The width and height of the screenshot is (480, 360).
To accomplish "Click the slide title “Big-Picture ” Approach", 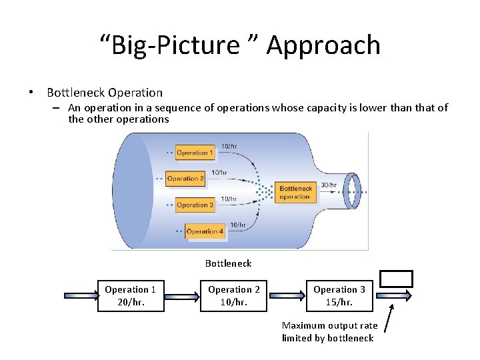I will click(240, 45).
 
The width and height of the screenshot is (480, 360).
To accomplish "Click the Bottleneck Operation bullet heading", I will click(105, 93).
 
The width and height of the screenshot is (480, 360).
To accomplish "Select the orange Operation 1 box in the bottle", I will click(195, 153).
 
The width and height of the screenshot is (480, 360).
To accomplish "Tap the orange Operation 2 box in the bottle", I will click(185, 179).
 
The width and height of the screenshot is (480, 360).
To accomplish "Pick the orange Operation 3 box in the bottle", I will click(195, 205).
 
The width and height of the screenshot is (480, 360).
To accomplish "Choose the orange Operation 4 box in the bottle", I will click(205, 231).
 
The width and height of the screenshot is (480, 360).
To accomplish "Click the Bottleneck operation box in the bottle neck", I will click(295, 193).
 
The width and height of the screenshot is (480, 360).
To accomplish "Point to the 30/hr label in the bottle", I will click(329, 185).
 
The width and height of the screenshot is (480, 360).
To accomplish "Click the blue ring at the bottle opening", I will click(351, 190).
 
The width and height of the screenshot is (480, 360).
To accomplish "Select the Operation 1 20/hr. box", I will click(131, 295).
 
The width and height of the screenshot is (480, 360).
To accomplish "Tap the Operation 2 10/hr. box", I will click(234, 295).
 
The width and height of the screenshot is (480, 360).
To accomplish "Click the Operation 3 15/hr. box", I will click(339, 295).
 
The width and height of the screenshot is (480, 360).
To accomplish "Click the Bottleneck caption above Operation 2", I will click(228, 263).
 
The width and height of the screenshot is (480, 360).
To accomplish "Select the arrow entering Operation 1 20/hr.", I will click(81, 295).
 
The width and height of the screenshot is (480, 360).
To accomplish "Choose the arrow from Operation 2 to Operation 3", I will click(286, 295).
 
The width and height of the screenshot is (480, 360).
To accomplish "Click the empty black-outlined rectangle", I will click(396, 279).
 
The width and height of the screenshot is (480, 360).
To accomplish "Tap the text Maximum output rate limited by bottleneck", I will click(329, 331).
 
